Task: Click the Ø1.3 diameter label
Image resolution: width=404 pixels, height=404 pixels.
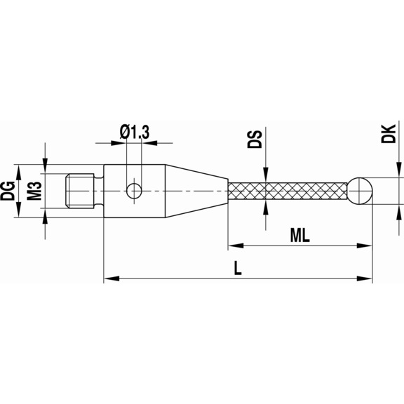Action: (134, 130)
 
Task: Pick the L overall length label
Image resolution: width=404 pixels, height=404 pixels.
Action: (238, 269)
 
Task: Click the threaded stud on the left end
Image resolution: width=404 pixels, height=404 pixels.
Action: (79, 189)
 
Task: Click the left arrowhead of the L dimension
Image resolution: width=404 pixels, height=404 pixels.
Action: (109, 280)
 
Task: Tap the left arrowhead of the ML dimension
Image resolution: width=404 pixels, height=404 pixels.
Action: (234, 246)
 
